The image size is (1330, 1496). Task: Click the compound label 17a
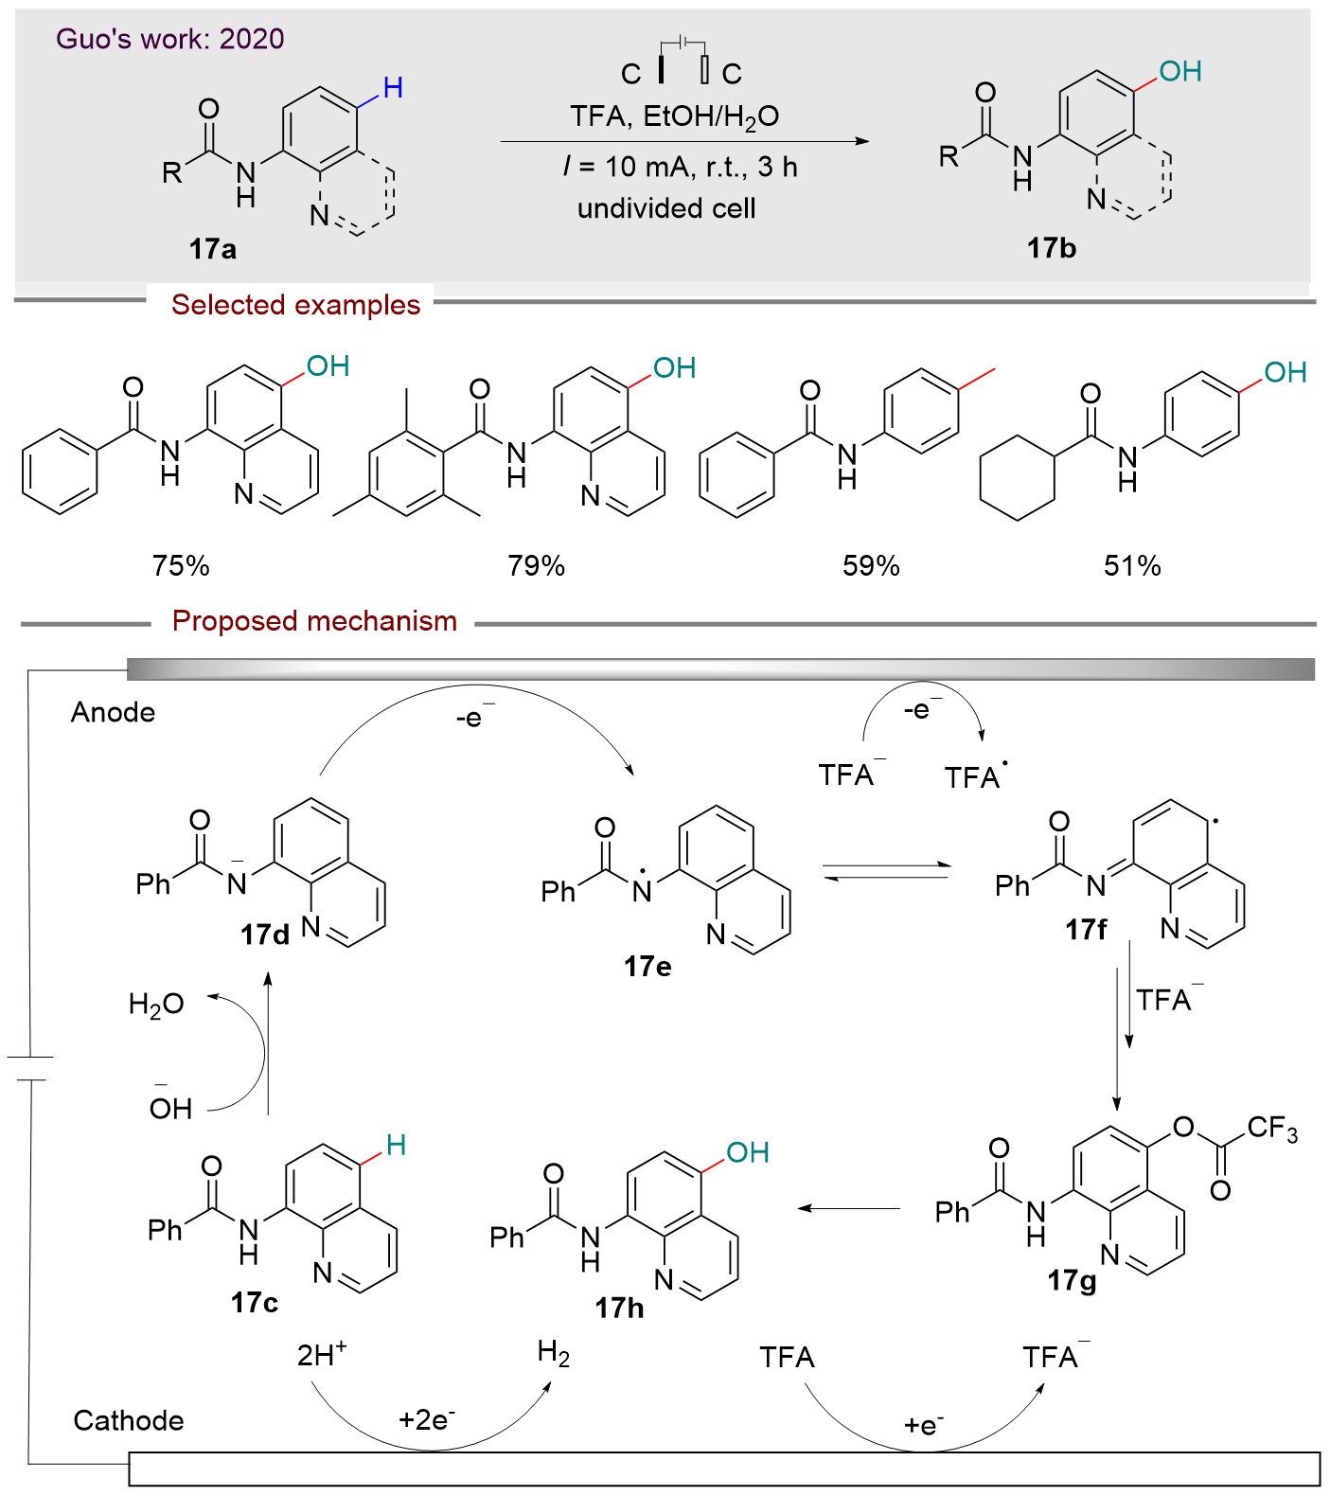[x=212, y=249]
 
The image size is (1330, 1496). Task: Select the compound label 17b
[x=1052, y=248]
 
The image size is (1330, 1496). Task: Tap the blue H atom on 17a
[x=393, y=88]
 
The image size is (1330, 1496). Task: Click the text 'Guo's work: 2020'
[x=170, y=39]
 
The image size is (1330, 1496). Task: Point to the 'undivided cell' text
[x=666, y=208]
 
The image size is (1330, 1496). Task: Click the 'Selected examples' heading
[x=295, y=305]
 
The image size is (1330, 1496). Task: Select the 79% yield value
[x=536, y=565]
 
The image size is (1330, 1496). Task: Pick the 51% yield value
[x=1132, y=565]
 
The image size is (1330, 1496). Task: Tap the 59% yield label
[x=871, y=565]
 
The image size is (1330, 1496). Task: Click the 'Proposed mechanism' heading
[x=314, y=621]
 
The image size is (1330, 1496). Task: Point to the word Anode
[x=113, y=712]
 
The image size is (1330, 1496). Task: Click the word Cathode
[x=129, y=1420]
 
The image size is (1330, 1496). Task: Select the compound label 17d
[x=265, y=935]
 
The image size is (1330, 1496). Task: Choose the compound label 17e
[x=647, y=966]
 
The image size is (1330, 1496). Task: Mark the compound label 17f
[x=1086, y=930]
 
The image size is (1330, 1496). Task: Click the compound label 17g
[x=1072, y=1280]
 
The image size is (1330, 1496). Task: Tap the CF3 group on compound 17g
[x=1271, y=1129]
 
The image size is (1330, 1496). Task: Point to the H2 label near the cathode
[x=554, y=1353]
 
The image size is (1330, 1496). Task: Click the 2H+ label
[x=322, y=1355]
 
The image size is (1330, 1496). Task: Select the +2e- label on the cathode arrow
[x=427, y=1419]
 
